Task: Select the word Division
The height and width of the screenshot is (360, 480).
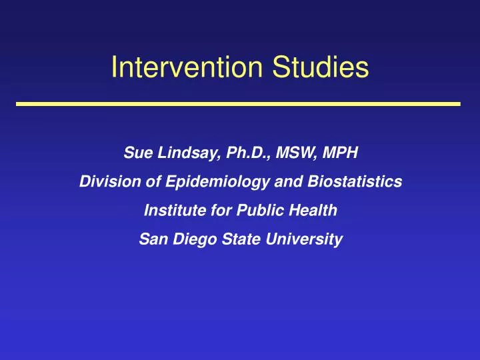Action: coord(104,181)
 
